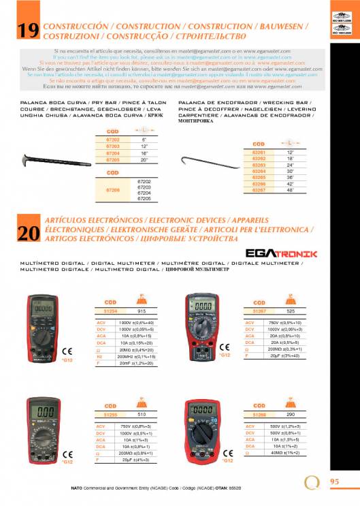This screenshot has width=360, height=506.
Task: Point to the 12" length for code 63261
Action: (291, 152)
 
